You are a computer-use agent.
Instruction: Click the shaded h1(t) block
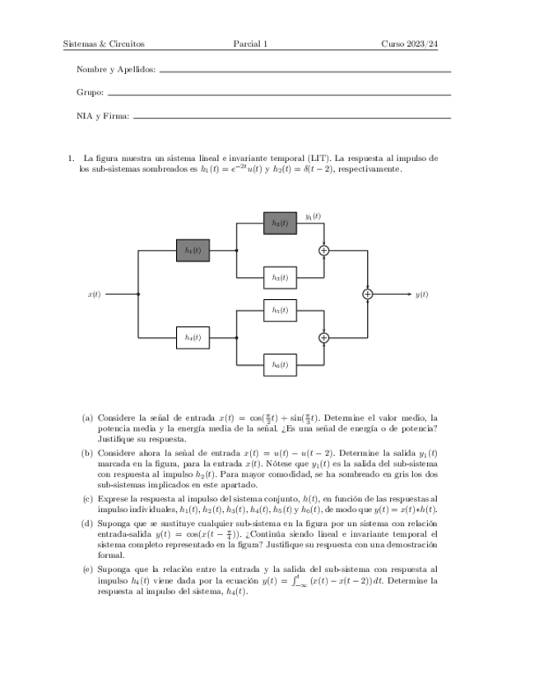click(x=193, y=250)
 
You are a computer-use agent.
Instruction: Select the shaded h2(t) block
click(x=280, y=223)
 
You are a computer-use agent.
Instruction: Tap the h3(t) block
click(x=280, y=278)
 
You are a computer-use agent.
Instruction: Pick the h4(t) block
click(x=193, y=337)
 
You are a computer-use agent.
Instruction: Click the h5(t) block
click(x=280, y=310)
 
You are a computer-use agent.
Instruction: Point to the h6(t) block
click(x=280, y=364)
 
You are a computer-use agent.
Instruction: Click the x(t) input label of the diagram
click(x=94, y=293)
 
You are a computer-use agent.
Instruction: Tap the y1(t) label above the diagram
click(x=313, y=216)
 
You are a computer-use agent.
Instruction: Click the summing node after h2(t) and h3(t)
click(x=323, y=250)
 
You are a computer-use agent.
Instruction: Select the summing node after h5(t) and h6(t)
click(x=323, y=337)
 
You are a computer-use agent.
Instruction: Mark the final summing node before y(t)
click(x=367, y=293)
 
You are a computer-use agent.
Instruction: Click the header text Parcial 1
click(x=250, y=44)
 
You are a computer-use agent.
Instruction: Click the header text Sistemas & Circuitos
click(x=104, y=44)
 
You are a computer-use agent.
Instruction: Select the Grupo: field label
click(x=90, y=94)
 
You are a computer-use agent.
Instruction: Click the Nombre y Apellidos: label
click(x=115, y=71)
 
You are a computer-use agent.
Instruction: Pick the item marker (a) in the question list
click(x=87, y=418)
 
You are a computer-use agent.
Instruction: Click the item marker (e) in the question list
click(x=87, y=569)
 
